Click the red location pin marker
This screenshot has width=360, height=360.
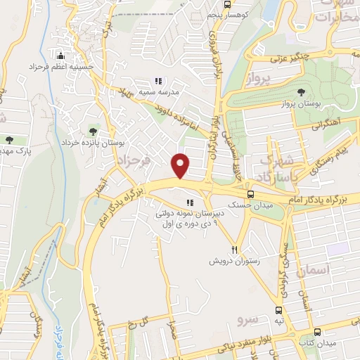(181, 165)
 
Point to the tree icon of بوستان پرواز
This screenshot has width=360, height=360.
(302, 92)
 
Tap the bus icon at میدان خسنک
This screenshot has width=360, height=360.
(250, 195)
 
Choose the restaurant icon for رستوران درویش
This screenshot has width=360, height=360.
(236, 250)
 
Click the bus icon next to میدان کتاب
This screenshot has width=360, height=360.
(316, 331)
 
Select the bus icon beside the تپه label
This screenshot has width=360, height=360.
(279, 309)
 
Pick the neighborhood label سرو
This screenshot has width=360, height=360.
(247, 319)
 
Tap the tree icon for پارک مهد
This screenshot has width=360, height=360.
(8, 140)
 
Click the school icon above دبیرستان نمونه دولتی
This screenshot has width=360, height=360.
(189, 204)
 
